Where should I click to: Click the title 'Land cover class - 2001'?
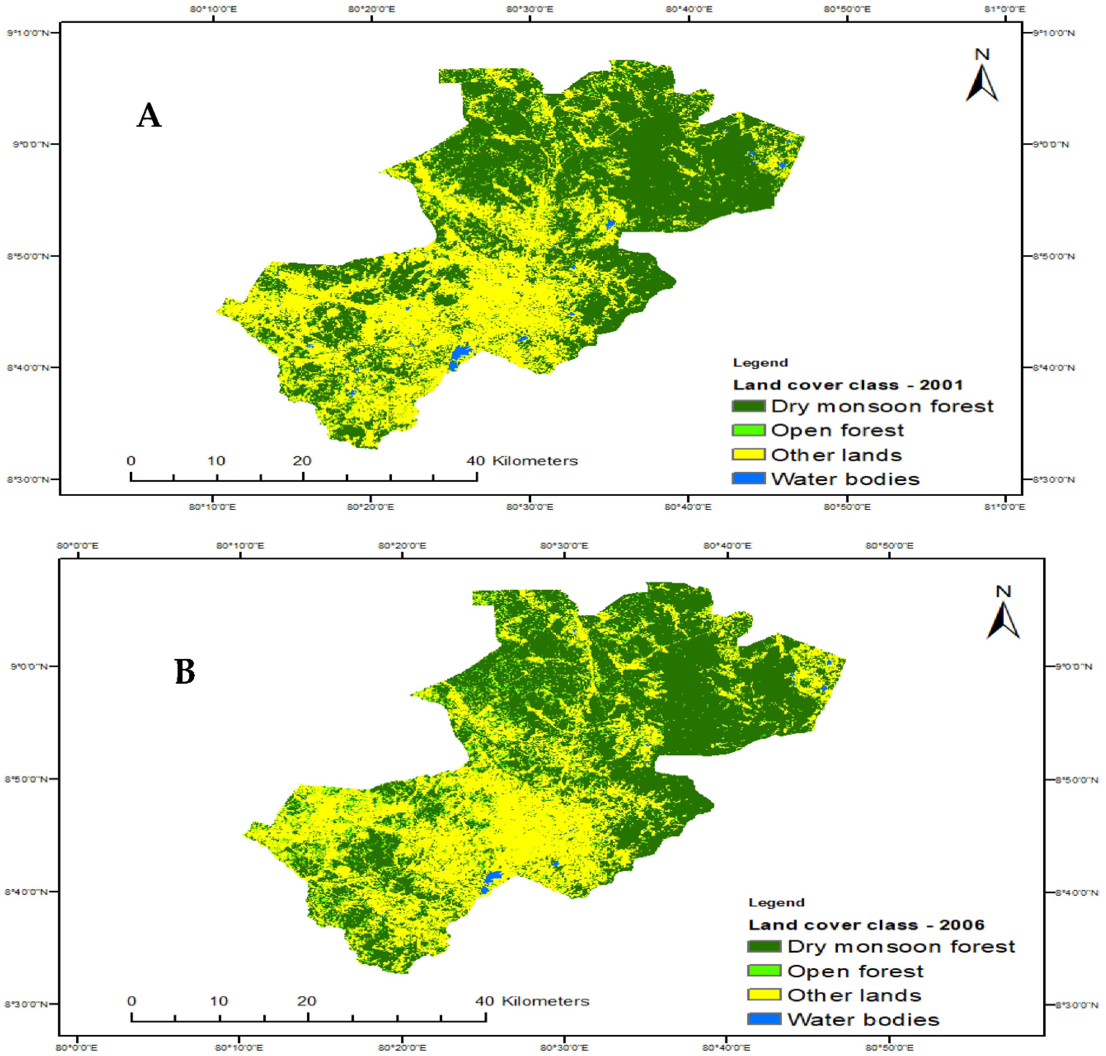tap(847, 385)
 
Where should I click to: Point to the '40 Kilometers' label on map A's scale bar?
tap(522, 460)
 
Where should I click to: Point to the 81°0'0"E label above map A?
tap(1005, 9)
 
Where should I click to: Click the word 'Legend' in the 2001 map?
tap(760, 363)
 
